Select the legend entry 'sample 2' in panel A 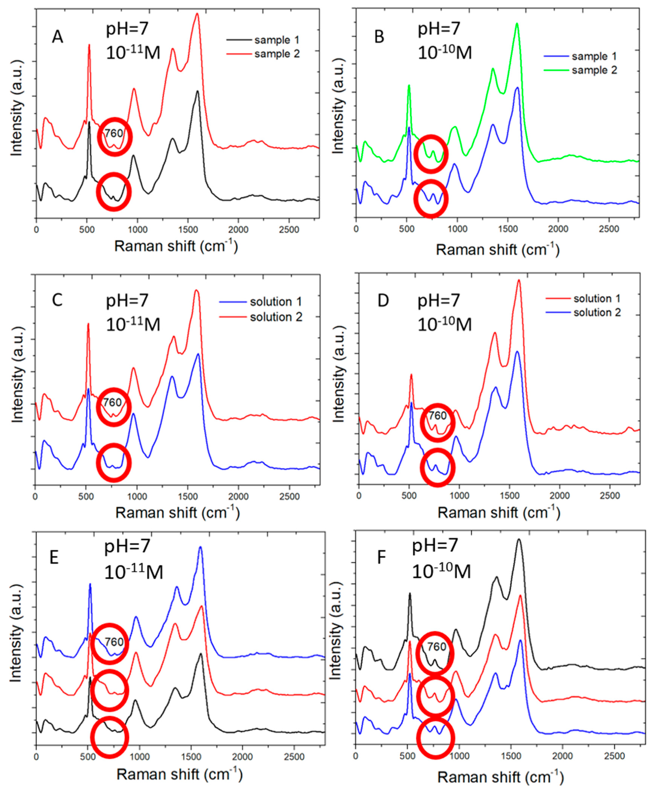tap(277, 54)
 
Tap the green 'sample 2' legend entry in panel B tap(594, 70)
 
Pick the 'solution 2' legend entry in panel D tap(597, 313)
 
